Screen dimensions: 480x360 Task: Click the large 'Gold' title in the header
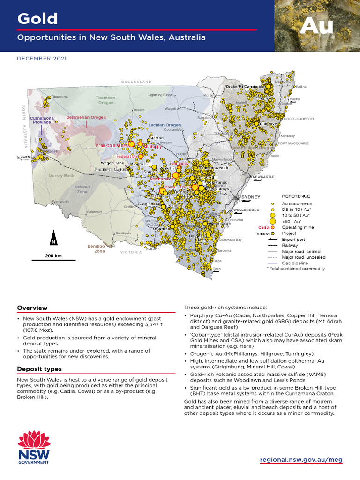[37, 19]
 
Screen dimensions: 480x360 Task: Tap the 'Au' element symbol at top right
[316, 26]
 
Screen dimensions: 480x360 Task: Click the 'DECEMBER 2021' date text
[42, 59]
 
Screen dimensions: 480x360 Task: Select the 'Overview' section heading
[32, 308]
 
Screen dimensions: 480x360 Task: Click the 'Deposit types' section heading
[39, 369]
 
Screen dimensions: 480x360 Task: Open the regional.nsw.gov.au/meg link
[301, 460]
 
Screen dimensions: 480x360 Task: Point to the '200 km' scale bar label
[53, 256]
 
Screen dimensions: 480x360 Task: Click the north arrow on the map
[54, 239]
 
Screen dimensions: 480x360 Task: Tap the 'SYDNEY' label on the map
[251, 197]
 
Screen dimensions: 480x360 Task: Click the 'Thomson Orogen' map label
[105, 100]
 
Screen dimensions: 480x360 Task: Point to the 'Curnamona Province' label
[42, 120]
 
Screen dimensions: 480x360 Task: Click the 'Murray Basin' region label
[62, 176]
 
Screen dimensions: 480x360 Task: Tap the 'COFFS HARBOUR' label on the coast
[299, 119]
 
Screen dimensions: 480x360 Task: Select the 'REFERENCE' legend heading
[296, 196]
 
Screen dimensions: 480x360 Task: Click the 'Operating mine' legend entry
[298, 227]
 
